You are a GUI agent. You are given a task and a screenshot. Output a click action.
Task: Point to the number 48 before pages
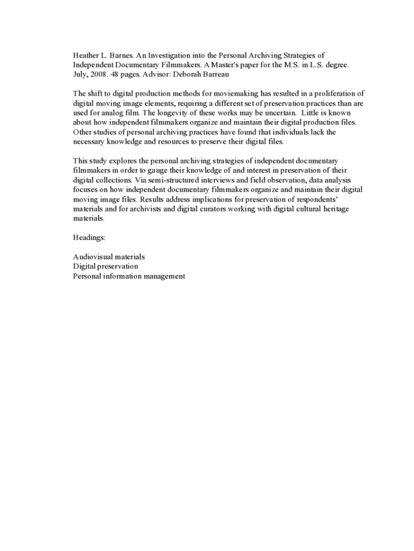(x=116, y=74)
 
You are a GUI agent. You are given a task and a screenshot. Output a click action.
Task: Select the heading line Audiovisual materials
(x=109, y=257)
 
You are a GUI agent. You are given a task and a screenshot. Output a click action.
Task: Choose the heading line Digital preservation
(x=105, y=266)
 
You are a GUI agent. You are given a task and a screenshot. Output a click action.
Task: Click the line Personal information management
(x=129, y=276)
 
